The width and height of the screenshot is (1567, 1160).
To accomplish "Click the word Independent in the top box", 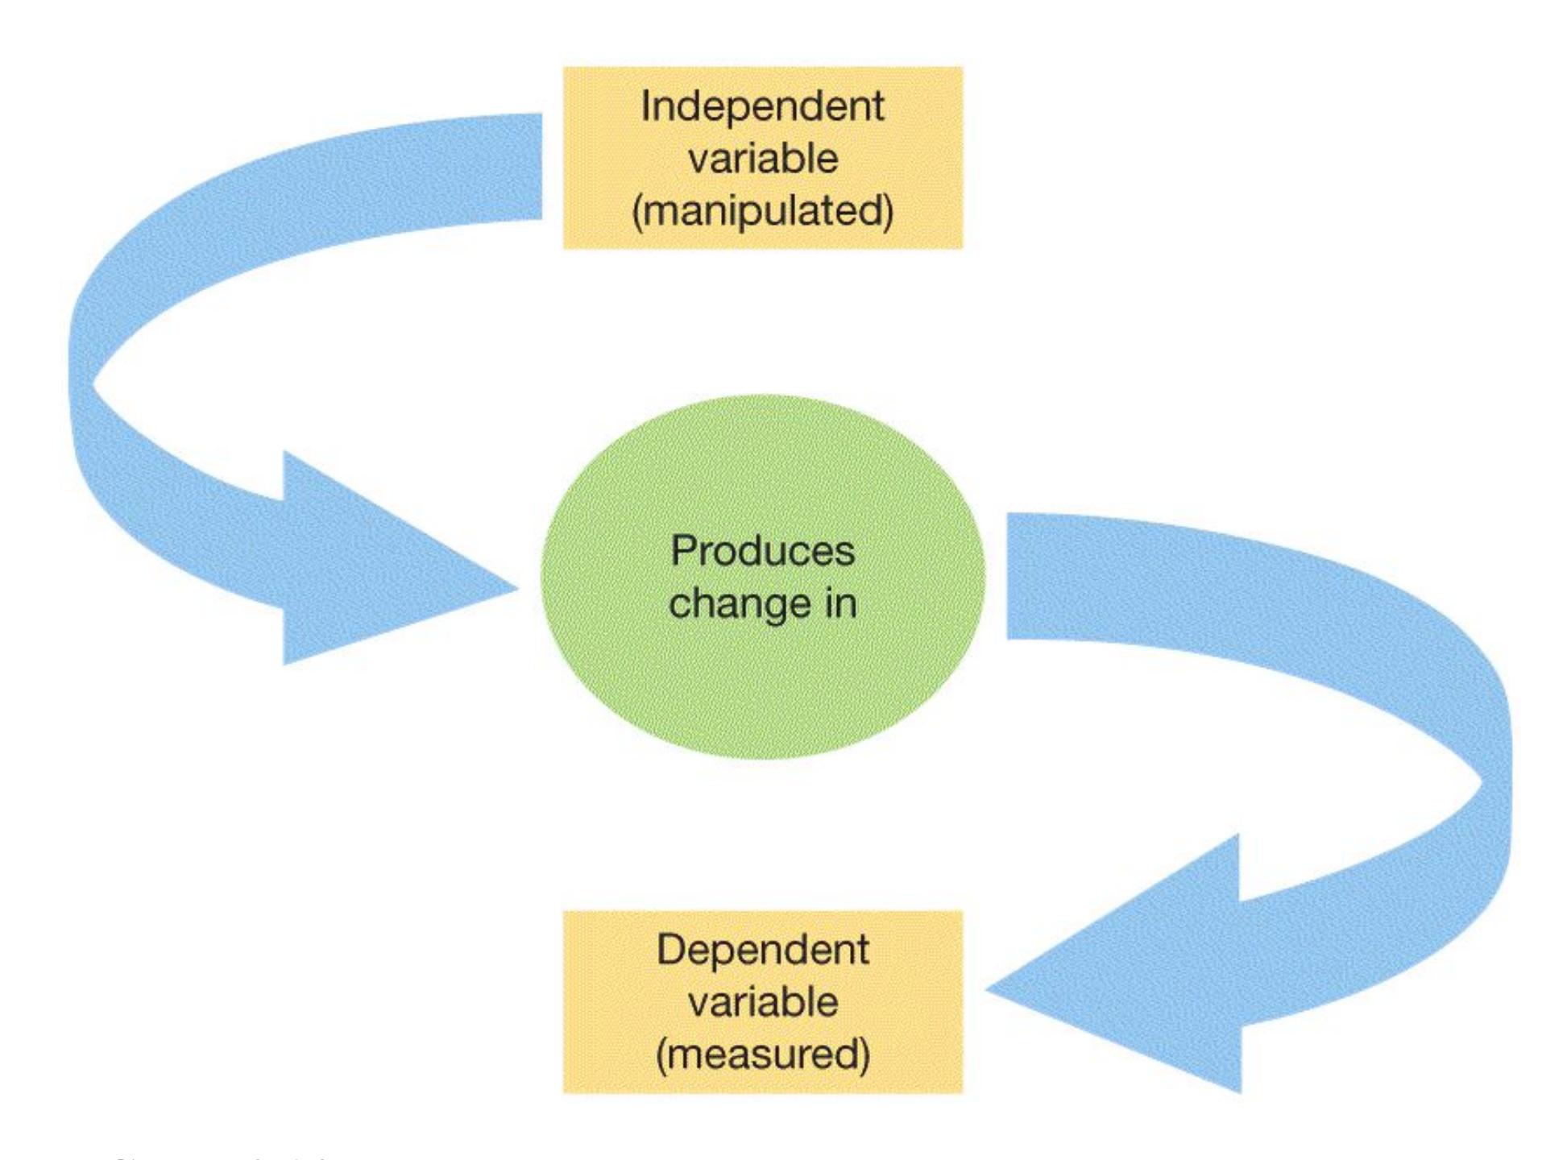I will point(762,106).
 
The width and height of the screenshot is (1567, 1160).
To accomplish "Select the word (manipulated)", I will point(762,211).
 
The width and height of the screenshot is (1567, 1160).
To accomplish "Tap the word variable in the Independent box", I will point(762,158).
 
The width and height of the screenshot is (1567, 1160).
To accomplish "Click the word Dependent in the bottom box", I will point(762,951).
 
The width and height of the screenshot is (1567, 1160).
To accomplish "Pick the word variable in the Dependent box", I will point(762,1003).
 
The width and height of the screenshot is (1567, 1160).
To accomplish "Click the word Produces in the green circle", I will point(762,552).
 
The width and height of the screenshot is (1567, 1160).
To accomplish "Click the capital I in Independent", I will point(645,106).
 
